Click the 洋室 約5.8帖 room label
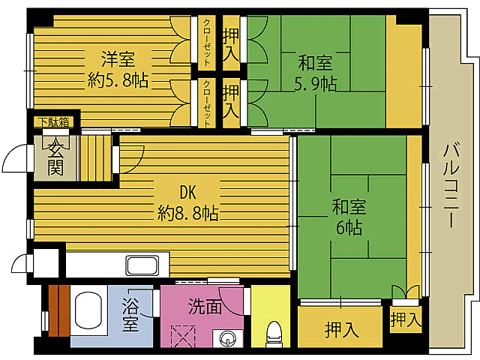pyautogui.click(x=118, y=70)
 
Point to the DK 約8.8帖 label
pyautogui.click(x=187, y=202)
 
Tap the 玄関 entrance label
pyautogui.click(x=55, y=157)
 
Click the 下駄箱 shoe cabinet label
pyautogui.click(x=54, y=121)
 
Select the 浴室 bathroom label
pyautogui.click(x=130, y=315)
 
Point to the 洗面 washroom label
pyautogui.click(x=205, y=305)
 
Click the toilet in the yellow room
pyautogui.click(x=274, y=331)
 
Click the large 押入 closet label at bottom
pyautogui.click(x=340, y=328)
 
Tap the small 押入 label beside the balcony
pyautogui.click(x=405, y=321)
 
